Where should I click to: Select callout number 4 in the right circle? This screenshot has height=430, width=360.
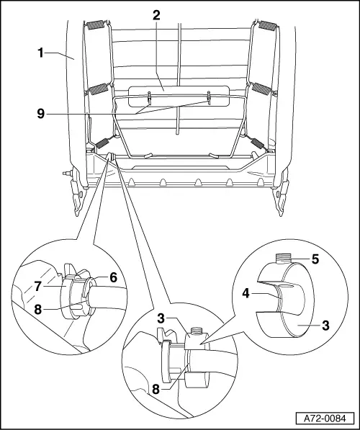pyautogui.click(x=265, y=293)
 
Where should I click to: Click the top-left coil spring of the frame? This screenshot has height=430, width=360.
pyautogui.click(x=96, y=27)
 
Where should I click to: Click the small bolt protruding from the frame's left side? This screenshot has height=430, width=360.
pyautogui.click(x=66, y=173)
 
